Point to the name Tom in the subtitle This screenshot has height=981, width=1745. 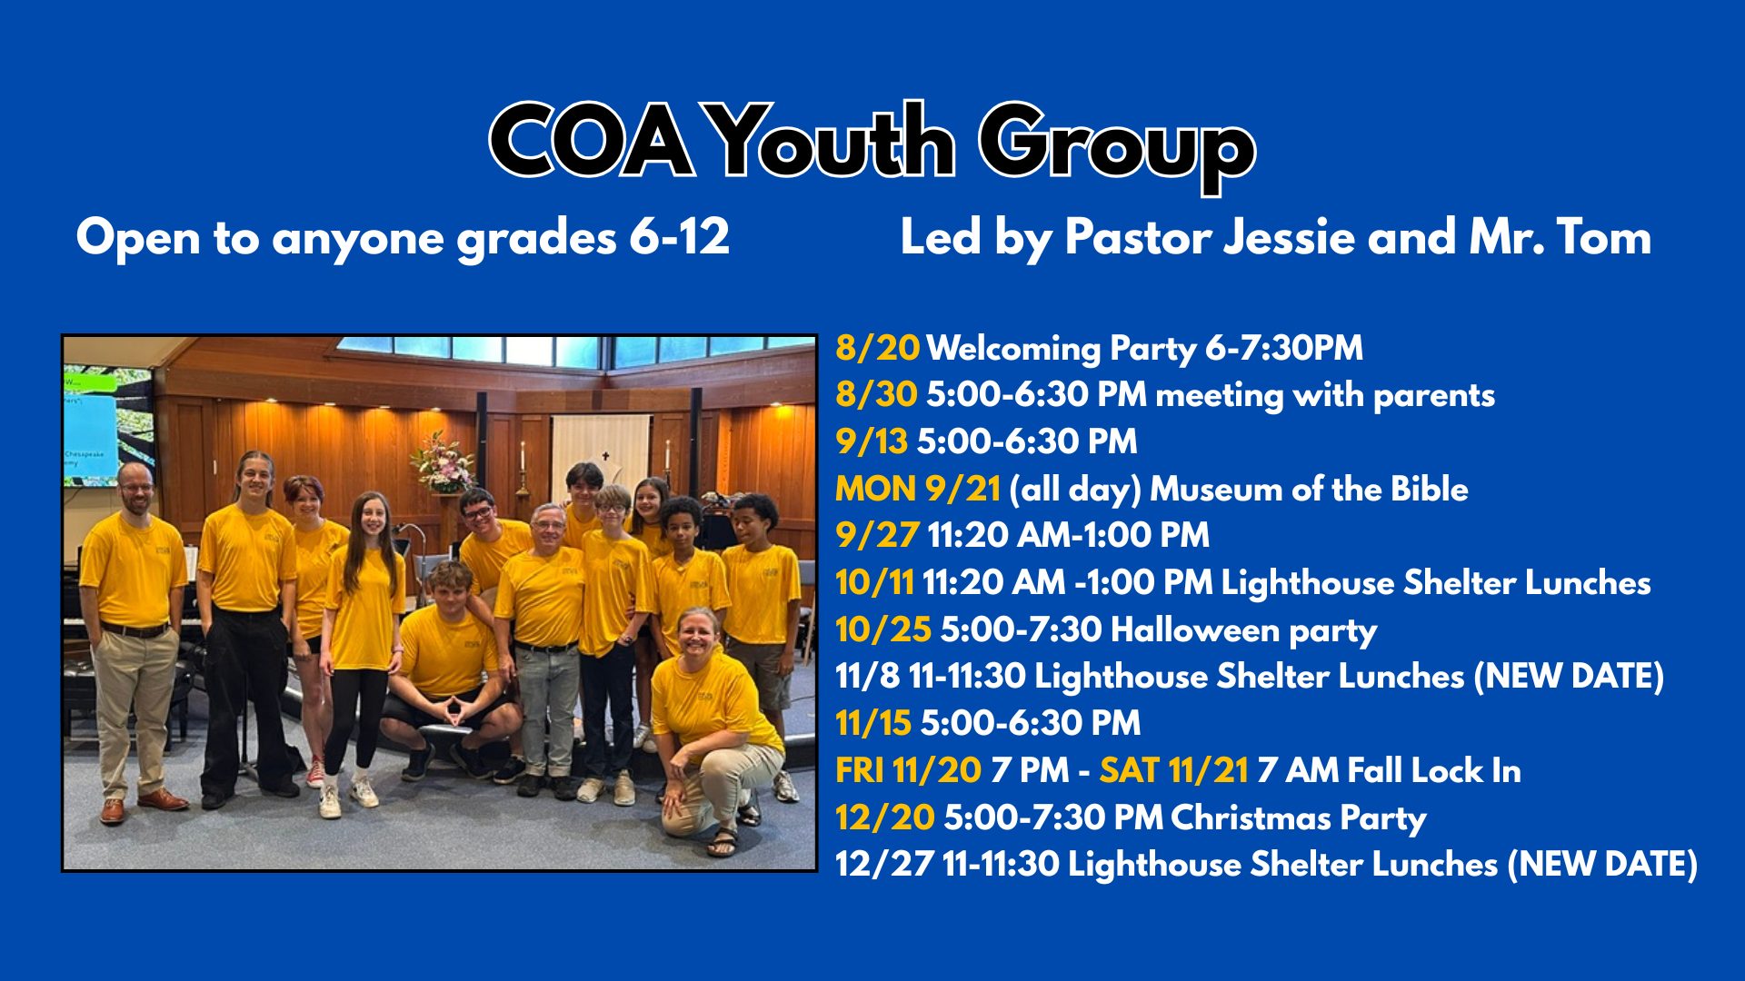tap(1604, 237)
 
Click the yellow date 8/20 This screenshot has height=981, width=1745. tap(877, 348)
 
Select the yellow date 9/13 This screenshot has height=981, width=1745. tap(871, 441)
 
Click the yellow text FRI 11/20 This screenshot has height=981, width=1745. tap(908, 770)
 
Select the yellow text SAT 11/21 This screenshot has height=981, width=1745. tap(1173, 770)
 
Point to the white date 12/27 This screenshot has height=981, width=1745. tap(883, 864)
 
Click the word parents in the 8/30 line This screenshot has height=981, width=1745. tap(1433, 396)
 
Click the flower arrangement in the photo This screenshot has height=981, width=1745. tap(443, 461)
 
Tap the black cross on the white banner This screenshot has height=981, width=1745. tap(604, 457)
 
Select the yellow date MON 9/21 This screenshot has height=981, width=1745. tap(918, 489)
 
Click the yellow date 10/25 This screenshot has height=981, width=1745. tap(883, 629)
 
